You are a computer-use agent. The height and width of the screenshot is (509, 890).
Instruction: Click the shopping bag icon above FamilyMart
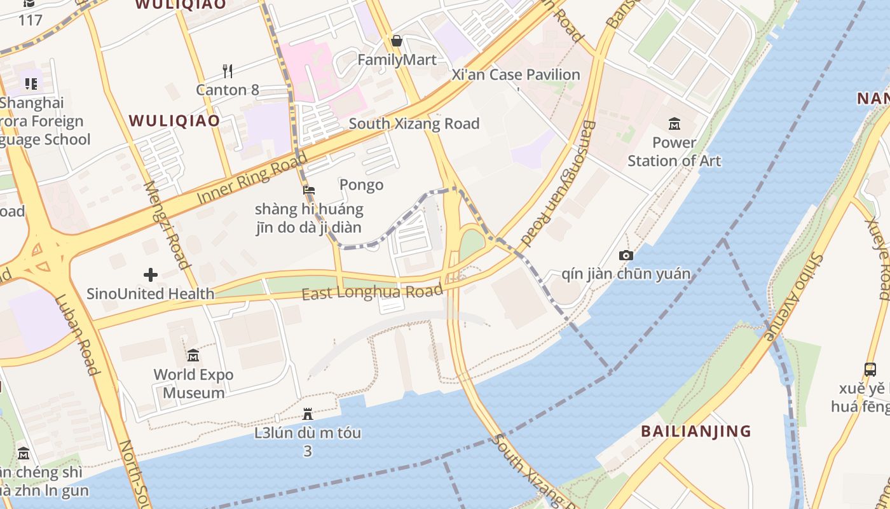click(x=397, y=41)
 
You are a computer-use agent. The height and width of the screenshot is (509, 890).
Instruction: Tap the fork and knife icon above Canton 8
click(x=228, y=70)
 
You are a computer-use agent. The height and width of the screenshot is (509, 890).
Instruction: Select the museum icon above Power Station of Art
click(x=674, y=123)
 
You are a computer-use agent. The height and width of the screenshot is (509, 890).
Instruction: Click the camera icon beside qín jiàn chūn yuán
click(x=626, y=255)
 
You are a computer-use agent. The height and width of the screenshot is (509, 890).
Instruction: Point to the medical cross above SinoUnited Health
click(x=151, y=275)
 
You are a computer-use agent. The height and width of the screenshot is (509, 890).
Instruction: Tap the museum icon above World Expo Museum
click(x=193, y=355)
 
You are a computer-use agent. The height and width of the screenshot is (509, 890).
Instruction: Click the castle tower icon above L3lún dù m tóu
click(x=308, y=414)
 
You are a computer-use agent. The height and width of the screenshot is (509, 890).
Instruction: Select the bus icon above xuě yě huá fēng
click(x=870, y=369)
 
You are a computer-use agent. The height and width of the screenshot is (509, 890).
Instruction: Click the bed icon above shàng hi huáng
click(x=309, y=190)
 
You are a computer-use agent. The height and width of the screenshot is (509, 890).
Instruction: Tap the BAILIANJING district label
click(x=695, y=431)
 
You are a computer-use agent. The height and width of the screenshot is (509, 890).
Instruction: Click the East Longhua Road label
click(x=372, y=293)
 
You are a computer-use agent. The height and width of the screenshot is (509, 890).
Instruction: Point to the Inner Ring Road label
click(x=252, y=178)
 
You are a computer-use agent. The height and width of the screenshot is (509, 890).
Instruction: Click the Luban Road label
click(x=79, y=335)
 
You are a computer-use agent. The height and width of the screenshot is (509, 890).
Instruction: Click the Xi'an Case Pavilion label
click(x=516, y=74)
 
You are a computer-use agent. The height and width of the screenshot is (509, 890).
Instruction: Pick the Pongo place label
click(x=361, y=185)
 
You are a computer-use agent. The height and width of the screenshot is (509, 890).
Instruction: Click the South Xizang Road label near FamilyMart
click(x=414, y=123)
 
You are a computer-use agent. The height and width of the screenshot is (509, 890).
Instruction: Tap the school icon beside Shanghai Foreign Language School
click(x=31, y=83)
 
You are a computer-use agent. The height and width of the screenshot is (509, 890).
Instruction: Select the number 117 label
click(x=30, y=20)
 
